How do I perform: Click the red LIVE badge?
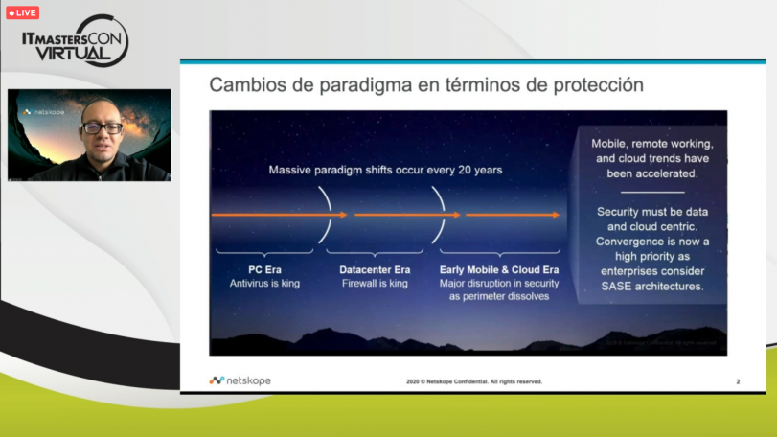pos(23,12)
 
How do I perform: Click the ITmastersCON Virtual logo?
pos(75,42)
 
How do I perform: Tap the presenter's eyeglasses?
pos(102,128)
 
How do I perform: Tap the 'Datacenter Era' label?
pos(375,270)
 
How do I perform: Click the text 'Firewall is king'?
pos(375,284)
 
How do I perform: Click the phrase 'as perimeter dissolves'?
pos(493,297)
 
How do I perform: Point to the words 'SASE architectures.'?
pos(651,287)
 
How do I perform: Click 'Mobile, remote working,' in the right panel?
pos(651,143)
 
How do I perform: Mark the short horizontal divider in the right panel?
pos(651,193)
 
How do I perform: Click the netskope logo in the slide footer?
pos(240,380)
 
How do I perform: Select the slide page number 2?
pos(738,381)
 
